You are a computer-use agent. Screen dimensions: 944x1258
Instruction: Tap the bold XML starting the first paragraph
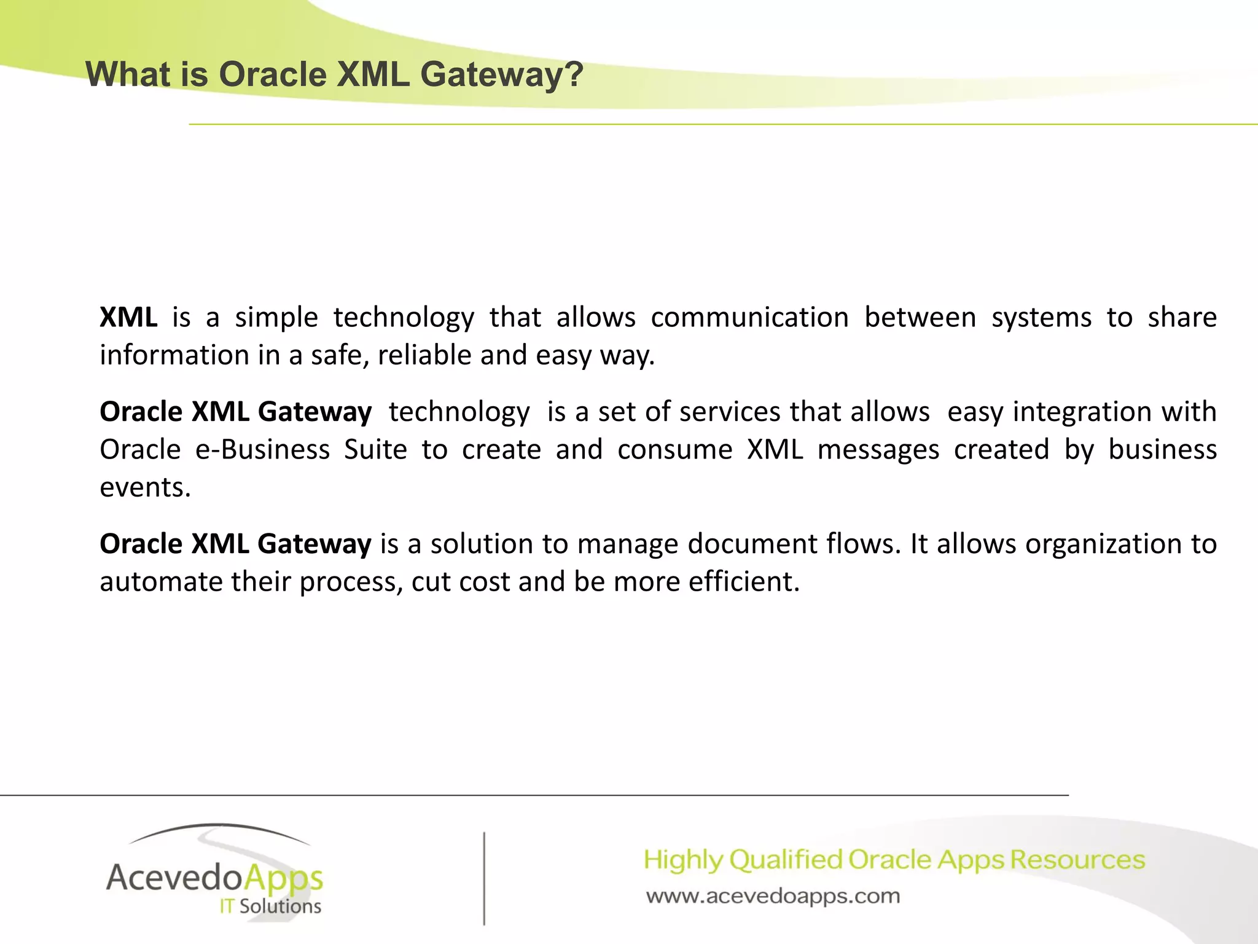(x=128, y=318)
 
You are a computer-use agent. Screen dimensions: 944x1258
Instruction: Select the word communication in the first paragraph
(x=749, y=318)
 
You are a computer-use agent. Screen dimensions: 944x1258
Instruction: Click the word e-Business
(x=262, y=450)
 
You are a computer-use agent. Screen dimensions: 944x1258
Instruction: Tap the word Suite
(x=375, y=450)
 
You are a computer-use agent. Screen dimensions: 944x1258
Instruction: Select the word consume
(x=674, y=450)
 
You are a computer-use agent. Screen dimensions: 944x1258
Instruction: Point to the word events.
(x=145, y=488)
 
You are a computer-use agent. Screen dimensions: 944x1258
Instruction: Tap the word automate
(x=161, y=582)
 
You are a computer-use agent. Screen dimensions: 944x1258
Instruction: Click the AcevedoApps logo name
(x=214, y=878)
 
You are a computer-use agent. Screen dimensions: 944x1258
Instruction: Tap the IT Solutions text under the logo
(x=270, y=907)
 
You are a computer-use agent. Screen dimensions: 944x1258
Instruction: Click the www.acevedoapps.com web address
(x=773, y=897)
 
